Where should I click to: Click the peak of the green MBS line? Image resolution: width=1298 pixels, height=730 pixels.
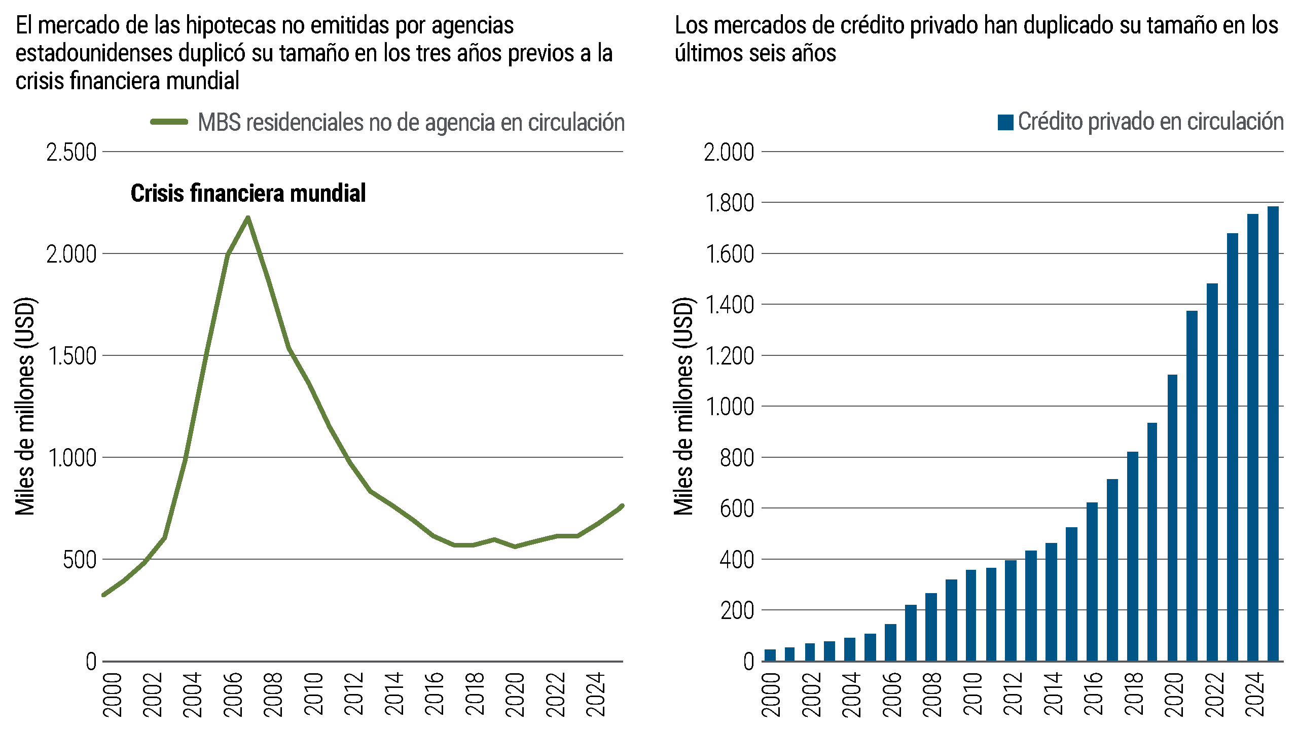(x=248, y=218)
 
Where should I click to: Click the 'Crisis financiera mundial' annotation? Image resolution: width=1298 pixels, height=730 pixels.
(x=248, y=193)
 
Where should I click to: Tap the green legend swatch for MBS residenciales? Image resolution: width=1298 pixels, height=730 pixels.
(x=169, y=122)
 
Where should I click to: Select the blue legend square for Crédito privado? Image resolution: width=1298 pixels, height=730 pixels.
(x=1005, y=122)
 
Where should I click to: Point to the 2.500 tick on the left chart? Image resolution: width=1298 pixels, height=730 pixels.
(x=71, y=152)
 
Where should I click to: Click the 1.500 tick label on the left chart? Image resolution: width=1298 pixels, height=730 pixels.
(x=71, y=356)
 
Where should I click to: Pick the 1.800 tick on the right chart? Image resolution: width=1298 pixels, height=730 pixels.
(x=730, y=203)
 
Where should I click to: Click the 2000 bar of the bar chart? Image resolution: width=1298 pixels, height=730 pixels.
(x=770, y=655)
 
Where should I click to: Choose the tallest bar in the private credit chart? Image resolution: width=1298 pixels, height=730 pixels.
(x=1273, y=433)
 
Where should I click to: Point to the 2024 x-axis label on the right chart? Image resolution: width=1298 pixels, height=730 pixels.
(x=1255, y=695)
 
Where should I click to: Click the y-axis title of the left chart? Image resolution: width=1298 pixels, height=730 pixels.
(x=24, y=406)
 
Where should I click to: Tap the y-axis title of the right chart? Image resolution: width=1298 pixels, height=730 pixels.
(x=683, y=406)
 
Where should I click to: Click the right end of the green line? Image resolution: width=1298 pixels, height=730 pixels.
(x=622, y=506)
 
